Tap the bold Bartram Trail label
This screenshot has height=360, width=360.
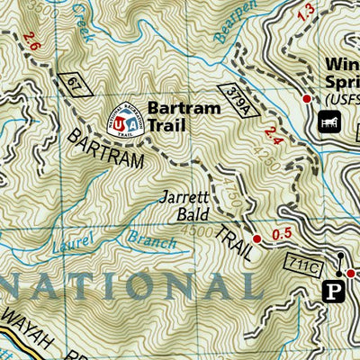pos(178,116)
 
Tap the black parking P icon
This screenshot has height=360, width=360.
pos(331,290)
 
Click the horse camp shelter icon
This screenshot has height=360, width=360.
pos(326,120)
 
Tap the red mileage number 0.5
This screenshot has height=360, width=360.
pos(283,236)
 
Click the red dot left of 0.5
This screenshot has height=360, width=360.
pos(256,238)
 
